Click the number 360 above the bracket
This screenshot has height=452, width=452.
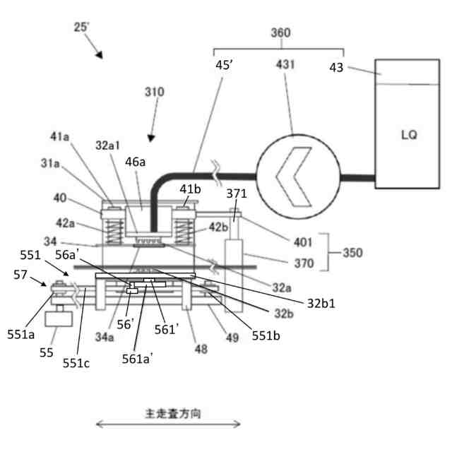tap(280, 32)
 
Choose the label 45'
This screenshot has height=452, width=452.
tap(225, 66)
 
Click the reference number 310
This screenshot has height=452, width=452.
tap(154, 92)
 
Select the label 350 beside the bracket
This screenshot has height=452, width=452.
tap(354, 251)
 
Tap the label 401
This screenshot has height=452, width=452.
tap(303, 242)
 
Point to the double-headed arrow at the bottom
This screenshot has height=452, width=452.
tap(168, 425)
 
